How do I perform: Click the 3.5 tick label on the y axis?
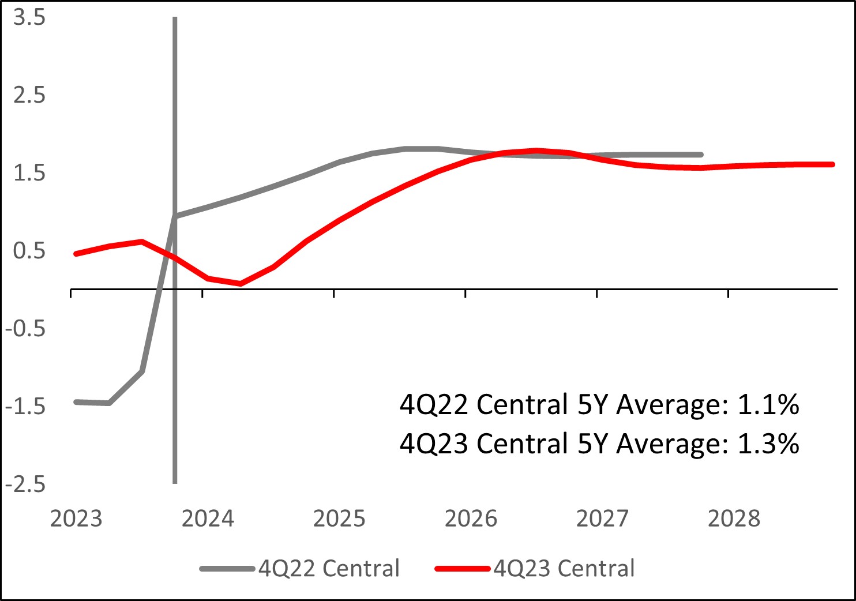[29, 17]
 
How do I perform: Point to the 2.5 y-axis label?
[29, 95]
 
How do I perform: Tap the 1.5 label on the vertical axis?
[29, 172]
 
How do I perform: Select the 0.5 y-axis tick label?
[29, 251]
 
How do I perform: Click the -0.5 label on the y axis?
[25, 328]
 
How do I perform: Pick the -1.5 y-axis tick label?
[25, 406]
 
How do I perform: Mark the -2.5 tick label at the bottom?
[25, 484]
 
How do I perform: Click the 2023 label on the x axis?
[76, 519]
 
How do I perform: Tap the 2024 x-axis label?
[208, 519]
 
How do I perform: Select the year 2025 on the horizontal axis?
[339, 519]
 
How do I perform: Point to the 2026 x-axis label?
[471, 519]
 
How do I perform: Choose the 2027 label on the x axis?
[602, 519]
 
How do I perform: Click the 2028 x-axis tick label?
[734, 519]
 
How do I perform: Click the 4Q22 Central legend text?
[329, 569]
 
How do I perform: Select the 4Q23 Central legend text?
[564, 569]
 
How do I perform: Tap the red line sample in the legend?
[463, 569]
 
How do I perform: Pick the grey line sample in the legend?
[227, 569]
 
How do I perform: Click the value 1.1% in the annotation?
[768, 405]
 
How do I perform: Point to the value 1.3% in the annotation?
[768, 444]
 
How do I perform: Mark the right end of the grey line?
[701, 155]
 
